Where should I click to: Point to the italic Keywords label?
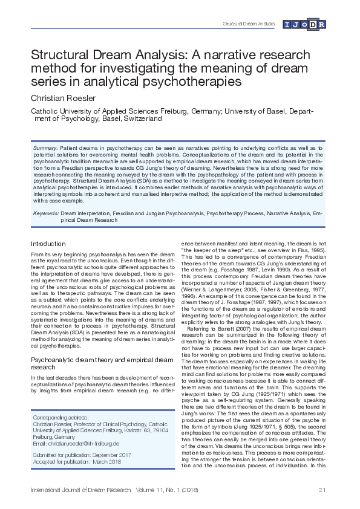pyautogui.click(x=45, y=213)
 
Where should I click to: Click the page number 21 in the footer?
pyautogui.click(x=321, y=489)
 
